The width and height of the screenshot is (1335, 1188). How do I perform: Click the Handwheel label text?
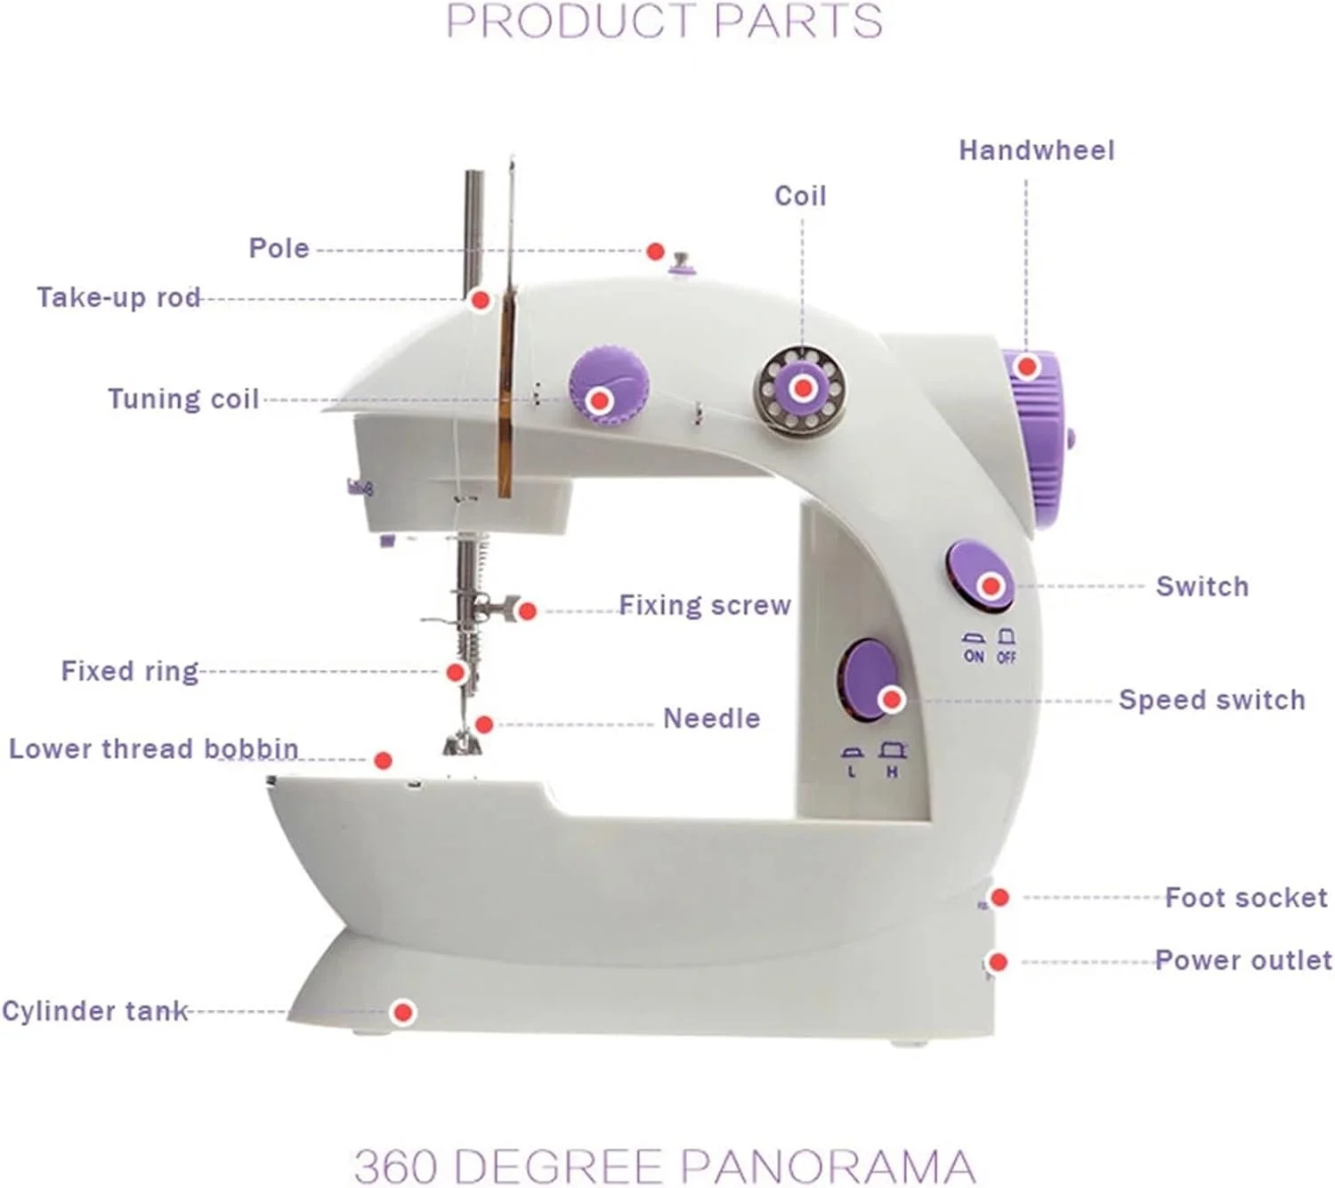[x=1037, y=150]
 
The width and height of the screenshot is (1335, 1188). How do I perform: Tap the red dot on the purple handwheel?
[x=1027, y=366]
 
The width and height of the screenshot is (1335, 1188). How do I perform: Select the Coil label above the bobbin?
[x=800, y=196]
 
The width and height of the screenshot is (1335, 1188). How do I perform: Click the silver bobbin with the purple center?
[x=801, y=389]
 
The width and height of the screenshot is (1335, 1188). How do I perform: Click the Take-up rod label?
[x=118, y=297]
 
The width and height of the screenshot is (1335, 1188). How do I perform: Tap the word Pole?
[x=279, y=248]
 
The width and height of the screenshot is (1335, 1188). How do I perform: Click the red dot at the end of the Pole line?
[x=655, y=251]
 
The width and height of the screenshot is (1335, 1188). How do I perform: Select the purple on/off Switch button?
[x=980, y=576]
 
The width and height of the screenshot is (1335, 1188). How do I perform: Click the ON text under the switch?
[x=974, y=656]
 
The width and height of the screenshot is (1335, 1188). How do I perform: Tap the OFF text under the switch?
[x=1007, y=657]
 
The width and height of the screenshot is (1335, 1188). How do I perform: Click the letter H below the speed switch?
[x=892, y=772]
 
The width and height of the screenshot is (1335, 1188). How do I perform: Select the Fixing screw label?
[x=705, y=605]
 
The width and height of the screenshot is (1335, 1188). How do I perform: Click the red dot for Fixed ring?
[x=456, y=673]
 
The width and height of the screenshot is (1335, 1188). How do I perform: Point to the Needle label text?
[x=712, y=718]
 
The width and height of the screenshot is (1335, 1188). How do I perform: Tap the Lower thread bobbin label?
[x=154, y=748]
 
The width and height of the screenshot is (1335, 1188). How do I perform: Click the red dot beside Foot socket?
[x=1000, y=897]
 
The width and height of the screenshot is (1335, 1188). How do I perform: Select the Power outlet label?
[x=1243, y=960]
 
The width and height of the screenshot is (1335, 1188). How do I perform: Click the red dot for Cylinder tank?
[x=402, y=1012]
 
